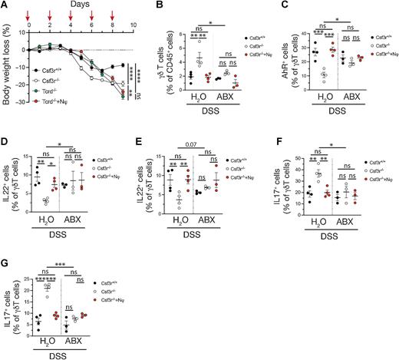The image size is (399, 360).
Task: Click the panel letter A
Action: [5, 6]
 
